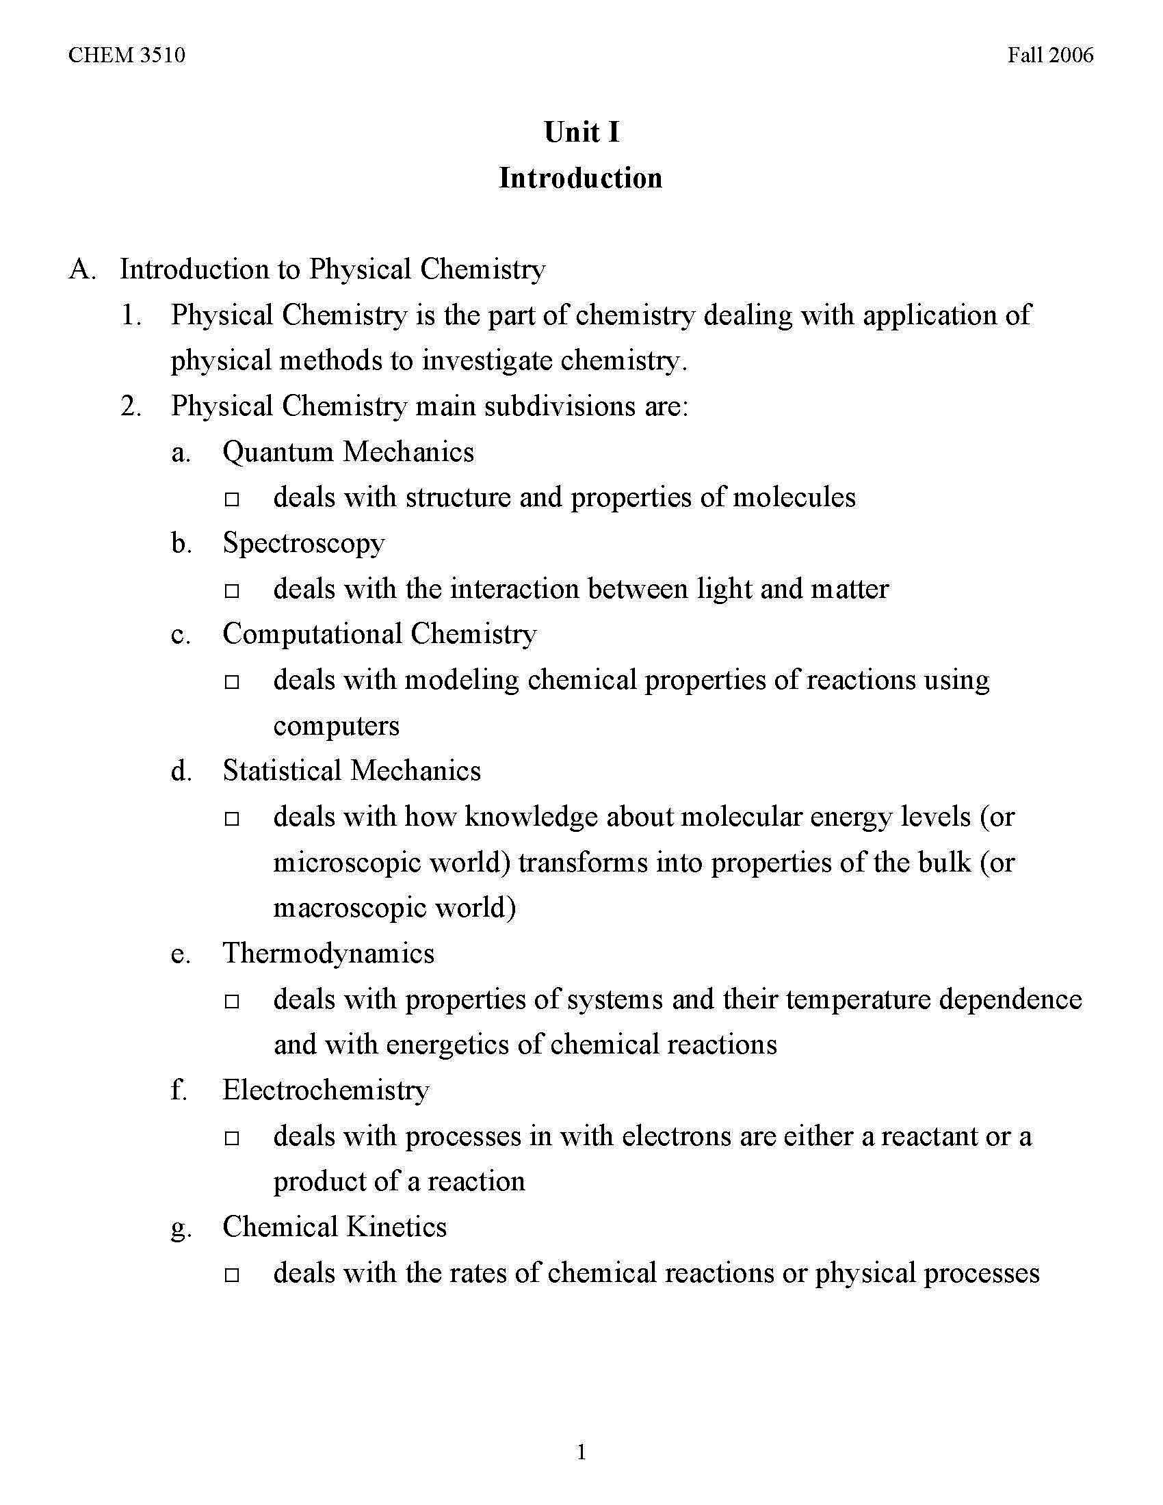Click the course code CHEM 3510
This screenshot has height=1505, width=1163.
(127, 55)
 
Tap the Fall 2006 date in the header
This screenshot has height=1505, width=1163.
(1050, 55)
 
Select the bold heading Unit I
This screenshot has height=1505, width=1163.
(581, 132)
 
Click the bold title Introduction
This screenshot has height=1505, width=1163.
(581, 178)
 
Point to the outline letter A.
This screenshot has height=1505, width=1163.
(81, 270)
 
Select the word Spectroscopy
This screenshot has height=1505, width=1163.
(303, 544)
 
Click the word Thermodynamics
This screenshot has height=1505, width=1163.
(328, 953)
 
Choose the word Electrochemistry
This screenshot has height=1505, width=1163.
(326, 1090)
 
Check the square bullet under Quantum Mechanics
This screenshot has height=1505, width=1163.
(231, 499)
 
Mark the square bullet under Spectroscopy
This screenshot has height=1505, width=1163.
(231, 590)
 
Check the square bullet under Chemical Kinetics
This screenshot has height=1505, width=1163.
(231, 1275)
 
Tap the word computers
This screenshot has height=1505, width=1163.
(336, 726)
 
